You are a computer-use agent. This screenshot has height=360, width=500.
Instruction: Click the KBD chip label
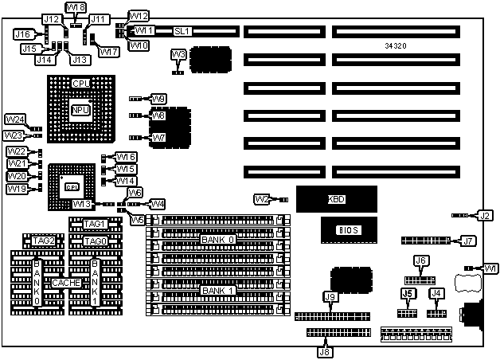tap(338, 199)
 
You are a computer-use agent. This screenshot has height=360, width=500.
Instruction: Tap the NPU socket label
tap(81, 111)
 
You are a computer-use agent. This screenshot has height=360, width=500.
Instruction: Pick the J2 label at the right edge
tap(485, 215)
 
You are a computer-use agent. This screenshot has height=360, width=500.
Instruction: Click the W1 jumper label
tap(490, 268)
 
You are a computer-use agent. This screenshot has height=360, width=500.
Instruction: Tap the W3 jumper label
tap(179, 54)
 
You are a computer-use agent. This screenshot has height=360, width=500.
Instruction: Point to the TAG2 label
tap(44, 241)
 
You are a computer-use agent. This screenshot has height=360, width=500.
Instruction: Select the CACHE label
tap(65, 283)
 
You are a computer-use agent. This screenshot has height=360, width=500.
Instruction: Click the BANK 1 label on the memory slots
tap(217, 290)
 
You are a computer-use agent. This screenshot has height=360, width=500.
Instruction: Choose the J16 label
tap(22, 34)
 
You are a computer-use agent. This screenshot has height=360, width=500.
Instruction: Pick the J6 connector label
tap(421, 261)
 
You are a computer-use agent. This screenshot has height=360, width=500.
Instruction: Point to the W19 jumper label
tap(18, 189)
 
